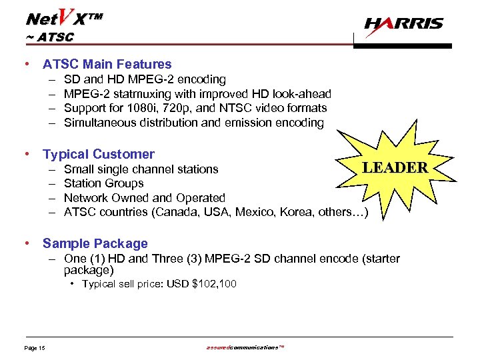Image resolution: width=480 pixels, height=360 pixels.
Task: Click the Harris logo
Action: click(x=403, y=25)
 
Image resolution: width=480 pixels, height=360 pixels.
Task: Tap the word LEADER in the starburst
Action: click(x=395, y=167)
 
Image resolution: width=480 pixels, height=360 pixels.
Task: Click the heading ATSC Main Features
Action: click(x=107, y=65)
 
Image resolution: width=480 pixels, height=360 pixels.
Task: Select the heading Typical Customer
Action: click(x=99, y=154)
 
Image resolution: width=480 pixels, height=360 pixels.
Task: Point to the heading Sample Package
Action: click(x=95, y=244)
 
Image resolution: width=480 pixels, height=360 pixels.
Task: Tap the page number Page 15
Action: click(x=34, y=349)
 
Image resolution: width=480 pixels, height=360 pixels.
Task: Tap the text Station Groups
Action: click(x=103, y=183)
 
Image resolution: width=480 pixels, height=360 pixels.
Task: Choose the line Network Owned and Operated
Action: click(x=145, y=198)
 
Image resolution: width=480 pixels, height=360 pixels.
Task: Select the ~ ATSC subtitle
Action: click(x=49, y=37)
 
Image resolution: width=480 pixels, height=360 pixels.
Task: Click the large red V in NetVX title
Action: click(x=65, y=15)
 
